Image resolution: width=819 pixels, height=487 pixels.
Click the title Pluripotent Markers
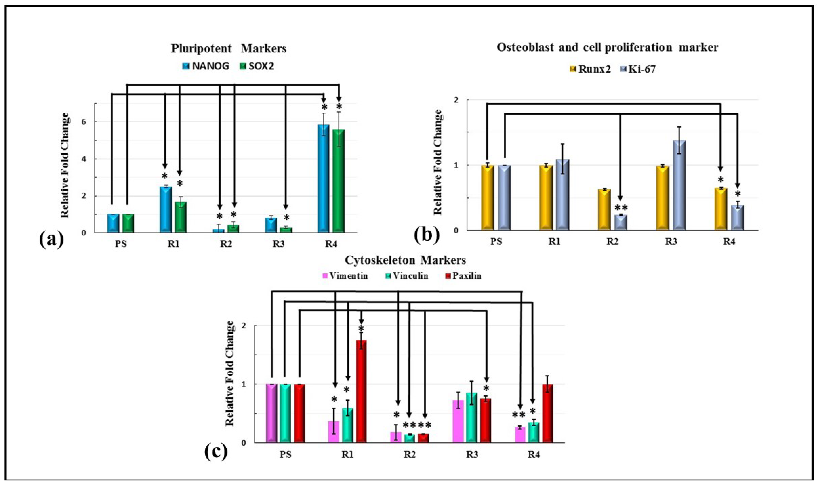tap(229, 49)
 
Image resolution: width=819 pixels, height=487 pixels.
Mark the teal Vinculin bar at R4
tap(533, 432)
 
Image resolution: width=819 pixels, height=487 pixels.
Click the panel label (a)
tap(52, 240)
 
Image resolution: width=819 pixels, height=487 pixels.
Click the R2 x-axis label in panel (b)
tap(612, 241)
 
